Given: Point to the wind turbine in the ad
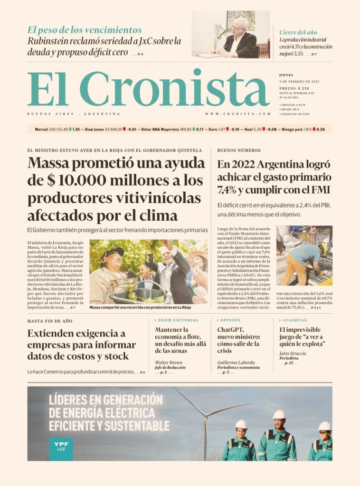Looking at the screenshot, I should pyautogui.click(x=206, y=418).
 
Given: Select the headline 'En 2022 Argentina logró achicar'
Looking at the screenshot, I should pyautogui.click(x=274, y=178).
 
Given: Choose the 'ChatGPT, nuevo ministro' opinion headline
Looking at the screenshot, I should pyautogui.click(x=238, y=340).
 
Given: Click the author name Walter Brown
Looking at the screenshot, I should pyautogui.click(x=169, y=363).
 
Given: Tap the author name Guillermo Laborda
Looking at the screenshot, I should pyautogui.click(x=236, y=363).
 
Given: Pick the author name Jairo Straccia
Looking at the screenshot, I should pyautogui.click(x=293, y=354).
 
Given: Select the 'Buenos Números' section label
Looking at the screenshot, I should pyautogui.click(x=239, y=150).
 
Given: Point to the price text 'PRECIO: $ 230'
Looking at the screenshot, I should pyautogui.click(x=294, y=88).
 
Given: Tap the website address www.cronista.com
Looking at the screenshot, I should pyautogui.click(x=237, y=114).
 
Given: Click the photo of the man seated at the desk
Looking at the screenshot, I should pyautogui.click(x=231, y=35).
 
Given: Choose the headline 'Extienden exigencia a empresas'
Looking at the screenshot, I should pyautogui.click(x=81, y=345).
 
